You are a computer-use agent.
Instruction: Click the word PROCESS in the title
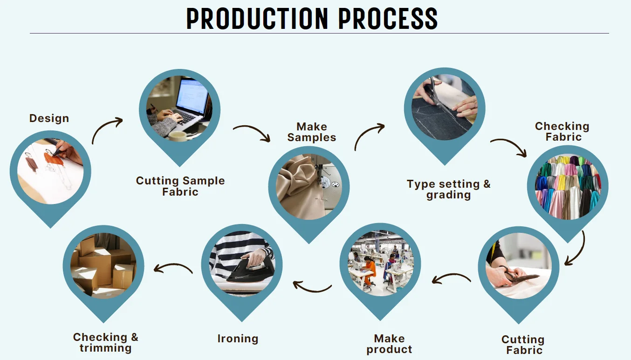[x=388, y=18]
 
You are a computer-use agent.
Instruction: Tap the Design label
[x=49, y=118]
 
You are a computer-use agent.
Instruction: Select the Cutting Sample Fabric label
[x=180, y=186]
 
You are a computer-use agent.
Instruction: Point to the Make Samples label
[x=312, y=132]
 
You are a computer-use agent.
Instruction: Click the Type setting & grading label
[x=448, y=189]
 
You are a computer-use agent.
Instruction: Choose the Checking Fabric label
[x=562, y=131]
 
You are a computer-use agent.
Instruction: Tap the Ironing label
[x=238, y=339]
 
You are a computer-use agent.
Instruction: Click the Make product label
[x=389, y=344]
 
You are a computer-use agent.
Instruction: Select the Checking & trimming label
[x=106, y=342]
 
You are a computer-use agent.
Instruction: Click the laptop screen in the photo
[x=192, y=96]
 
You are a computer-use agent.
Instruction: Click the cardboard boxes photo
[x=103, y=265]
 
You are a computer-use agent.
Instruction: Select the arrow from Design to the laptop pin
[x=107, y=130]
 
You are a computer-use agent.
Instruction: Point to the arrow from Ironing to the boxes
[x=173, y=268]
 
